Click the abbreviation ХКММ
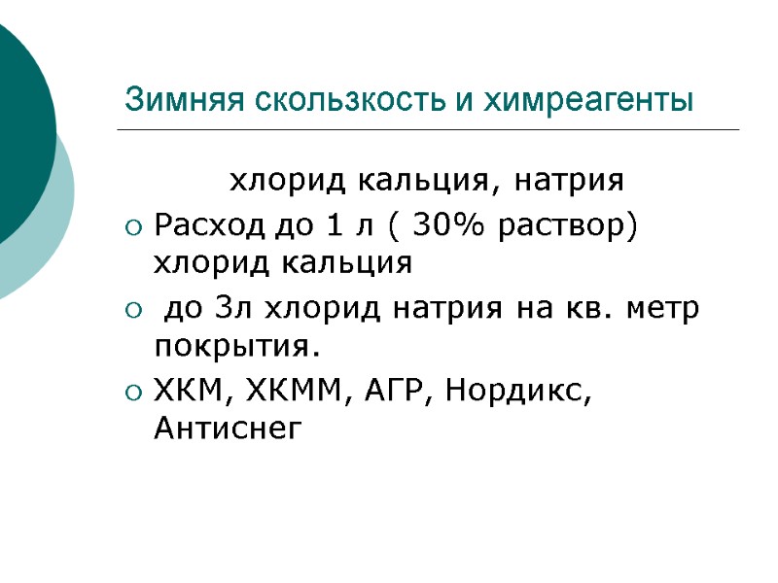point(298,393)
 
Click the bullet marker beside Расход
point(133,228)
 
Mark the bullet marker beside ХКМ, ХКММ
point(133,394)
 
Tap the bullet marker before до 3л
point(133,311)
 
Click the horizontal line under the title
point(428,129)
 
